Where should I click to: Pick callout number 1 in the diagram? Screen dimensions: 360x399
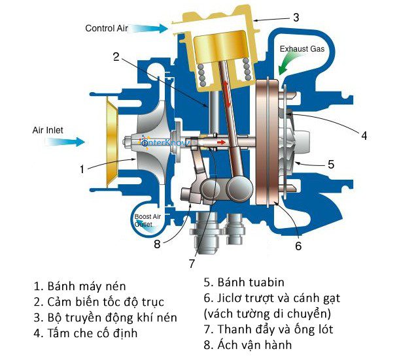point(82,169)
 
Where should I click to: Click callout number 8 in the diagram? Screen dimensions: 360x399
point(157,245)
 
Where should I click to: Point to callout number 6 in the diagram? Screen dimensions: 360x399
point(298,246)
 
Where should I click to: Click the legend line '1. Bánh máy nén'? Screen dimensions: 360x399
point(79,286)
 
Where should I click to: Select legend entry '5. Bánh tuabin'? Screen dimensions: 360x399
point(246,283)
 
